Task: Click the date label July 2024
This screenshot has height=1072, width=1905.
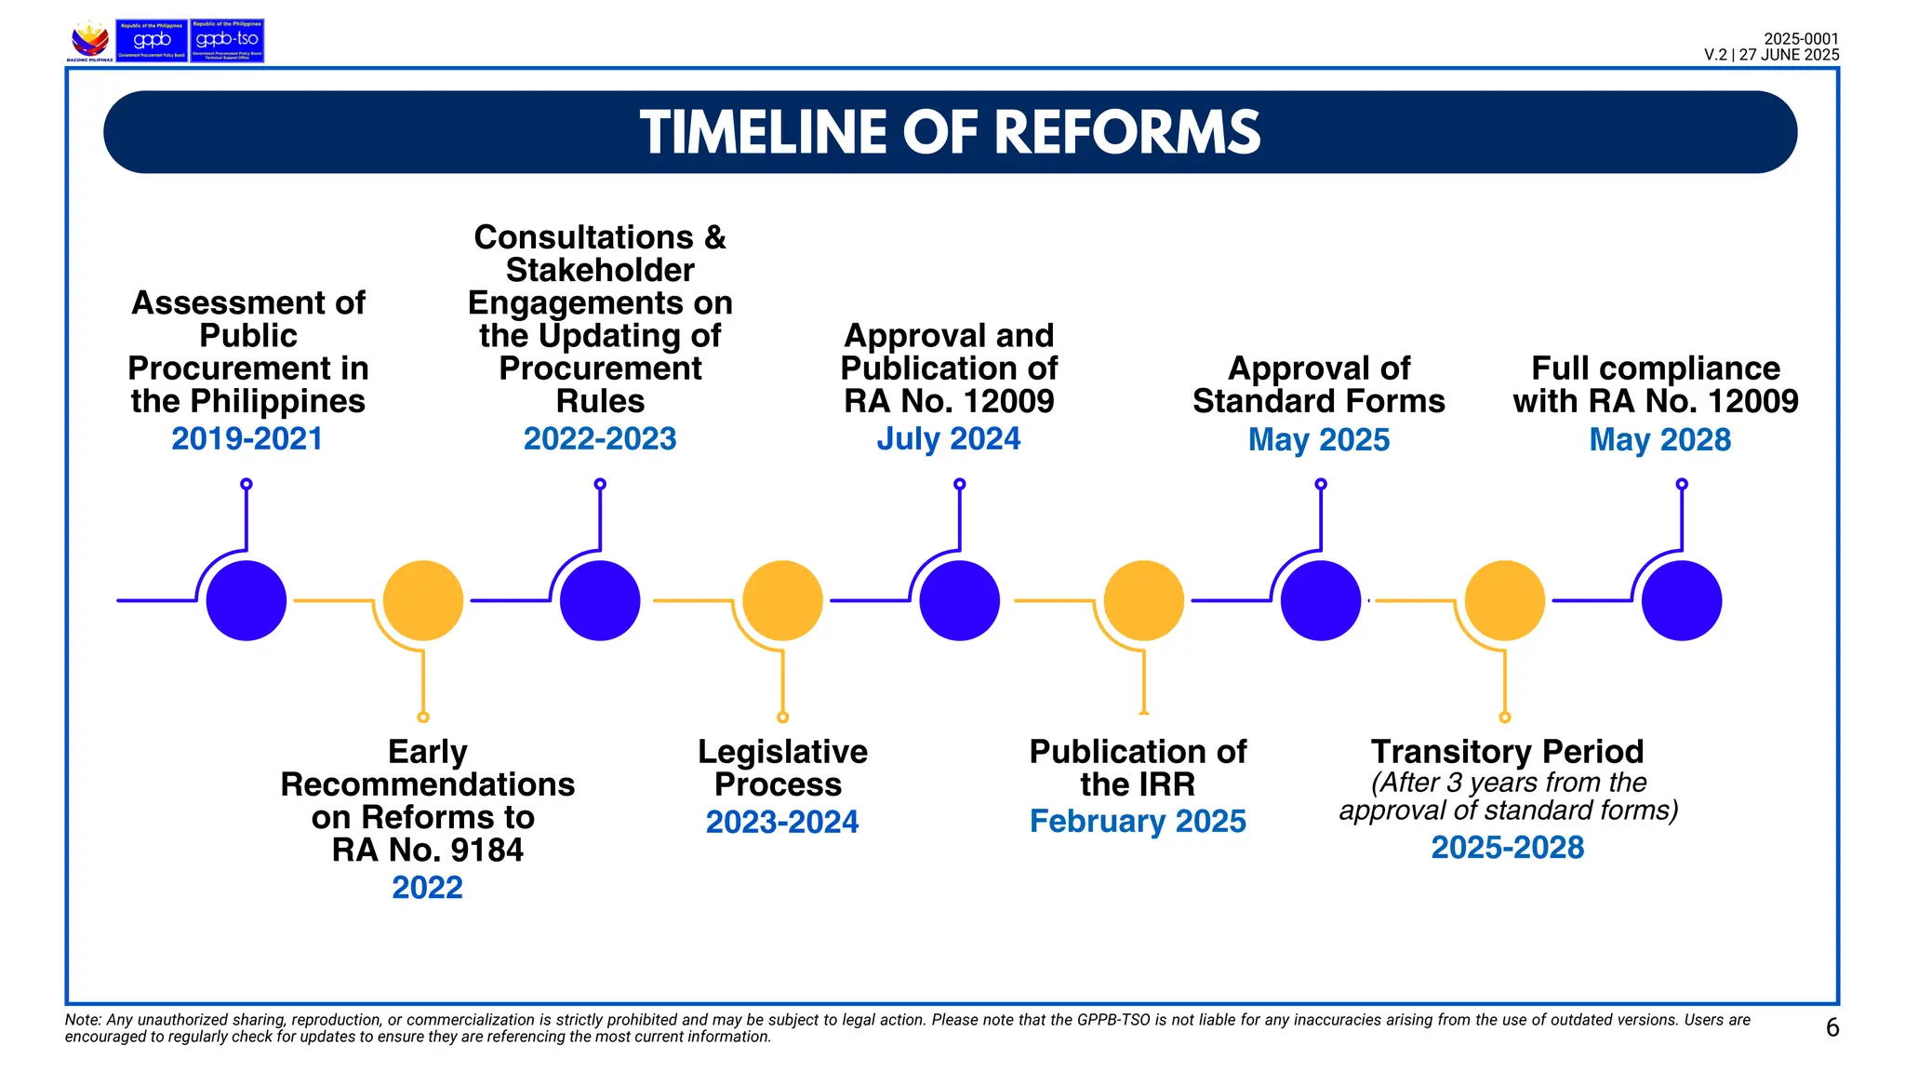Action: pos(948,438)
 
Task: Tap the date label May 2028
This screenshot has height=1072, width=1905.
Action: pos(1659,439)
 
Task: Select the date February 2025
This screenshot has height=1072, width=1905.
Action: pos(1137,821)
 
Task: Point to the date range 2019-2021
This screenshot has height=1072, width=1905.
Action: pos(246,438)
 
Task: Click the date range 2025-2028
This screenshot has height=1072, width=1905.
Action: pos(1507,847)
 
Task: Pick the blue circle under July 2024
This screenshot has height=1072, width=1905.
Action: pos(959,600)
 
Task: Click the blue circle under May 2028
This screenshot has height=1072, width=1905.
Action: pos(1681,600)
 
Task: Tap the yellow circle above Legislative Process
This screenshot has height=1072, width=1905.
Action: pos(782,600)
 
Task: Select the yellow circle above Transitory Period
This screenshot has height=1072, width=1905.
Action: pos(1504,600)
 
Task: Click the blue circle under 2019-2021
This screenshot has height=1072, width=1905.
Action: pos(246,600)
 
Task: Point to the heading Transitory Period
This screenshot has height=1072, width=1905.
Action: pos(1507,751)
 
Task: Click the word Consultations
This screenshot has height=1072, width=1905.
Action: pos(583,237)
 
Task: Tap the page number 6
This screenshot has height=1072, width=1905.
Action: pos(1832,1027)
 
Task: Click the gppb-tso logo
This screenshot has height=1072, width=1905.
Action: pos(227,41)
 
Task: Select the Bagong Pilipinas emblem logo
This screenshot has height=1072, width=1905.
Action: pos(90,41)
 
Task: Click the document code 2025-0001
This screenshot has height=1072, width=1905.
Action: pos(1801,39)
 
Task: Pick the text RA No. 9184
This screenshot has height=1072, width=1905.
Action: pos(427,850)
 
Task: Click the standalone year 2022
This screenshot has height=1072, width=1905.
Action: pos(427,887)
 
